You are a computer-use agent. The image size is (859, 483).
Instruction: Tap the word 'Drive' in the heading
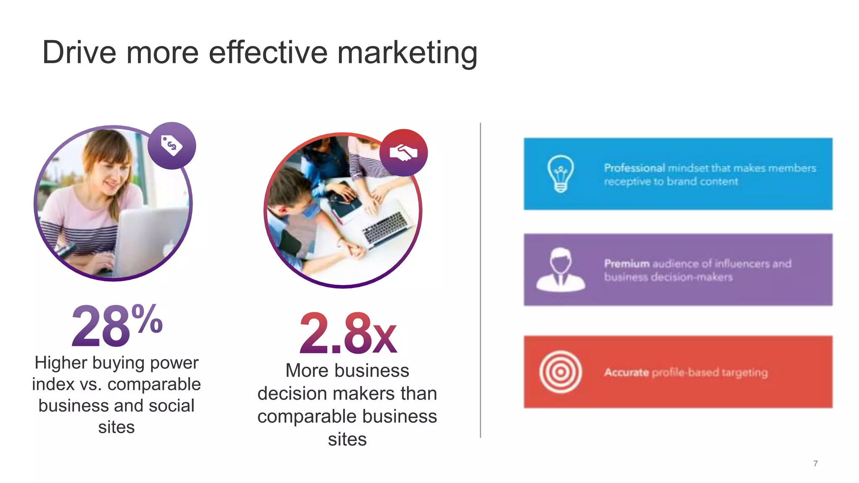click(x=79, y=53)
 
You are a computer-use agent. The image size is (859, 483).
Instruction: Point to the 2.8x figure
click(x=348, y=333)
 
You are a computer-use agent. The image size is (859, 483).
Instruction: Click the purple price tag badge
click(x=172, y=145)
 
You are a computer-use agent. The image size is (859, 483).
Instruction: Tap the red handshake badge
click(x=403, y=153)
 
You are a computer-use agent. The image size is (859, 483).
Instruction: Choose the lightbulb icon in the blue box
click(x=560, y=174)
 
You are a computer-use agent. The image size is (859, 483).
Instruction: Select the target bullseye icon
click(x=560, y=372)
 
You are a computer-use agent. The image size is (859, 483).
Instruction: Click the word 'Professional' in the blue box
click(x=634, y=168)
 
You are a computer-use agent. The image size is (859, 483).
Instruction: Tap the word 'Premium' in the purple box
click(x=627, y=264)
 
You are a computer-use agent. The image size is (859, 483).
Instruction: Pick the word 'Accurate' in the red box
click(x=626, y=372)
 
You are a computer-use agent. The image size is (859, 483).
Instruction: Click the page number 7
click(x=815, y=464)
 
